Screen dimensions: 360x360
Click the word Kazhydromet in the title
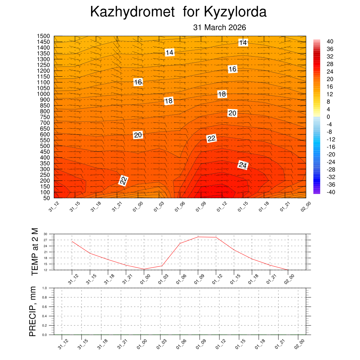click(132, 12)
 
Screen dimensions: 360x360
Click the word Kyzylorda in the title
click(235, 12)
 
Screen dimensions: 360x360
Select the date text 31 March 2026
click(219, 28)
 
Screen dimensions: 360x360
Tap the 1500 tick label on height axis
click(44, 36)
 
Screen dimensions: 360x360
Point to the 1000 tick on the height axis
click(44, 94)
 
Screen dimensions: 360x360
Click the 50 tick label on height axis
click(47, 198)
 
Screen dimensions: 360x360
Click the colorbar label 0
click(328, 117)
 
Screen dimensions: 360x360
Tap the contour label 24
click(243, 165)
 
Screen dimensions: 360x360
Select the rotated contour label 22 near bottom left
click(123, 181)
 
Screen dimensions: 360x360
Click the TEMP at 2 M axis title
click(34, 251)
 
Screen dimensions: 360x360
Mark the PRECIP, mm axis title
click(33, 311)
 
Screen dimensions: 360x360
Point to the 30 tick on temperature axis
click(45, 234)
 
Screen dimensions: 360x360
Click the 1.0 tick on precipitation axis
click(45, 288)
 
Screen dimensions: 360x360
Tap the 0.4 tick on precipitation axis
click(45, 316)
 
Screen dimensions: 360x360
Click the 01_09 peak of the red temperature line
click(198, 237)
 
